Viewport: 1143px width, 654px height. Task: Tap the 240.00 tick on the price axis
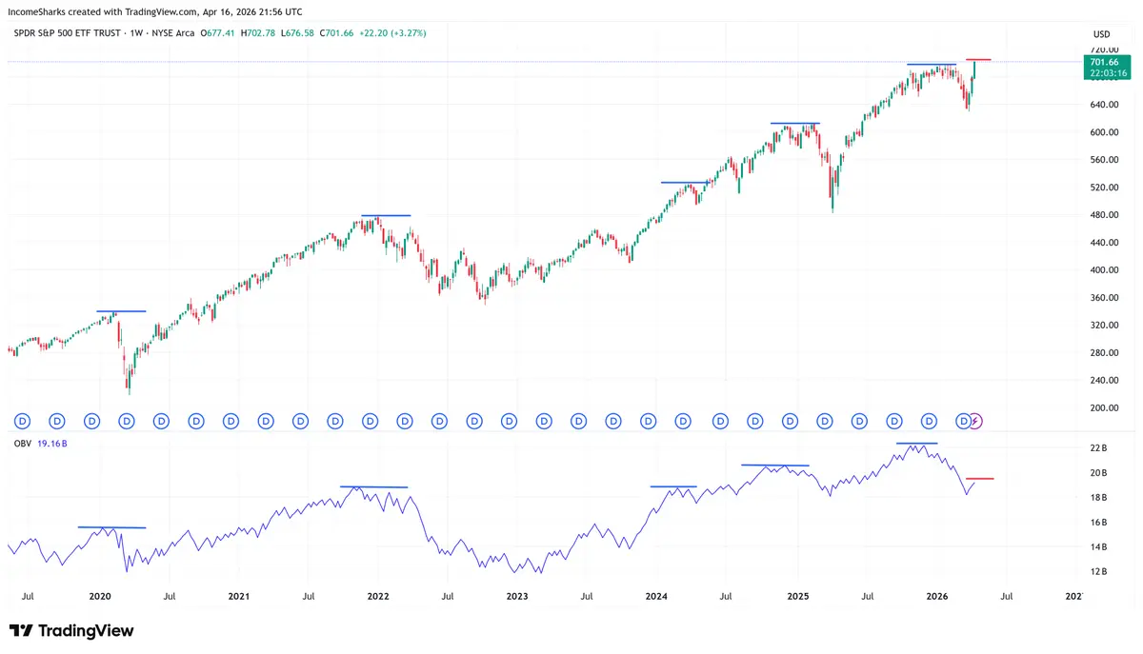click(1105, 381)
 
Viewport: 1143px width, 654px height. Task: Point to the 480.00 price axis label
click(1105, 215)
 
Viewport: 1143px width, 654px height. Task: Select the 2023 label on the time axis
click(517, 597)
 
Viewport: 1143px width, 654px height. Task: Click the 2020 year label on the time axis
click(100, 597)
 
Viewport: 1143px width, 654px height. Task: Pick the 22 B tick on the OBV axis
click(1099, 447)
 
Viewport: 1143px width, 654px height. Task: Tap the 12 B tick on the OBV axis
click(1099, 572)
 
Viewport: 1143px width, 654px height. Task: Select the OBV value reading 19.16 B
click(51, 444)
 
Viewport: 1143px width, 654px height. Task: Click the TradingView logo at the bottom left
click(71, 631)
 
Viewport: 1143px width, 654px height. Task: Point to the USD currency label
click(1101, 34)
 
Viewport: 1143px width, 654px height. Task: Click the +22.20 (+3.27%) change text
click(394, 33)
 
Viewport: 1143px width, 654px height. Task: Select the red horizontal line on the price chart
click(979, 60)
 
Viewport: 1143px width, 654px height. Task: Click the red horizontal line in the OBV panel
click(980, 479)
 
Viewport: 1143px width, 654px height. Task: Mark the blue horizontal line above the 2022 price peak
click(386, 216)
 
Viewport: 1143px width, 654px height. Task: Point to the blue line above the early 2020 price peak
click(121, 311)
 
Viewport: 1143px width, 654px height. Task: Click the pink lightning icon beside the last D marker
click(975, 420)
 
